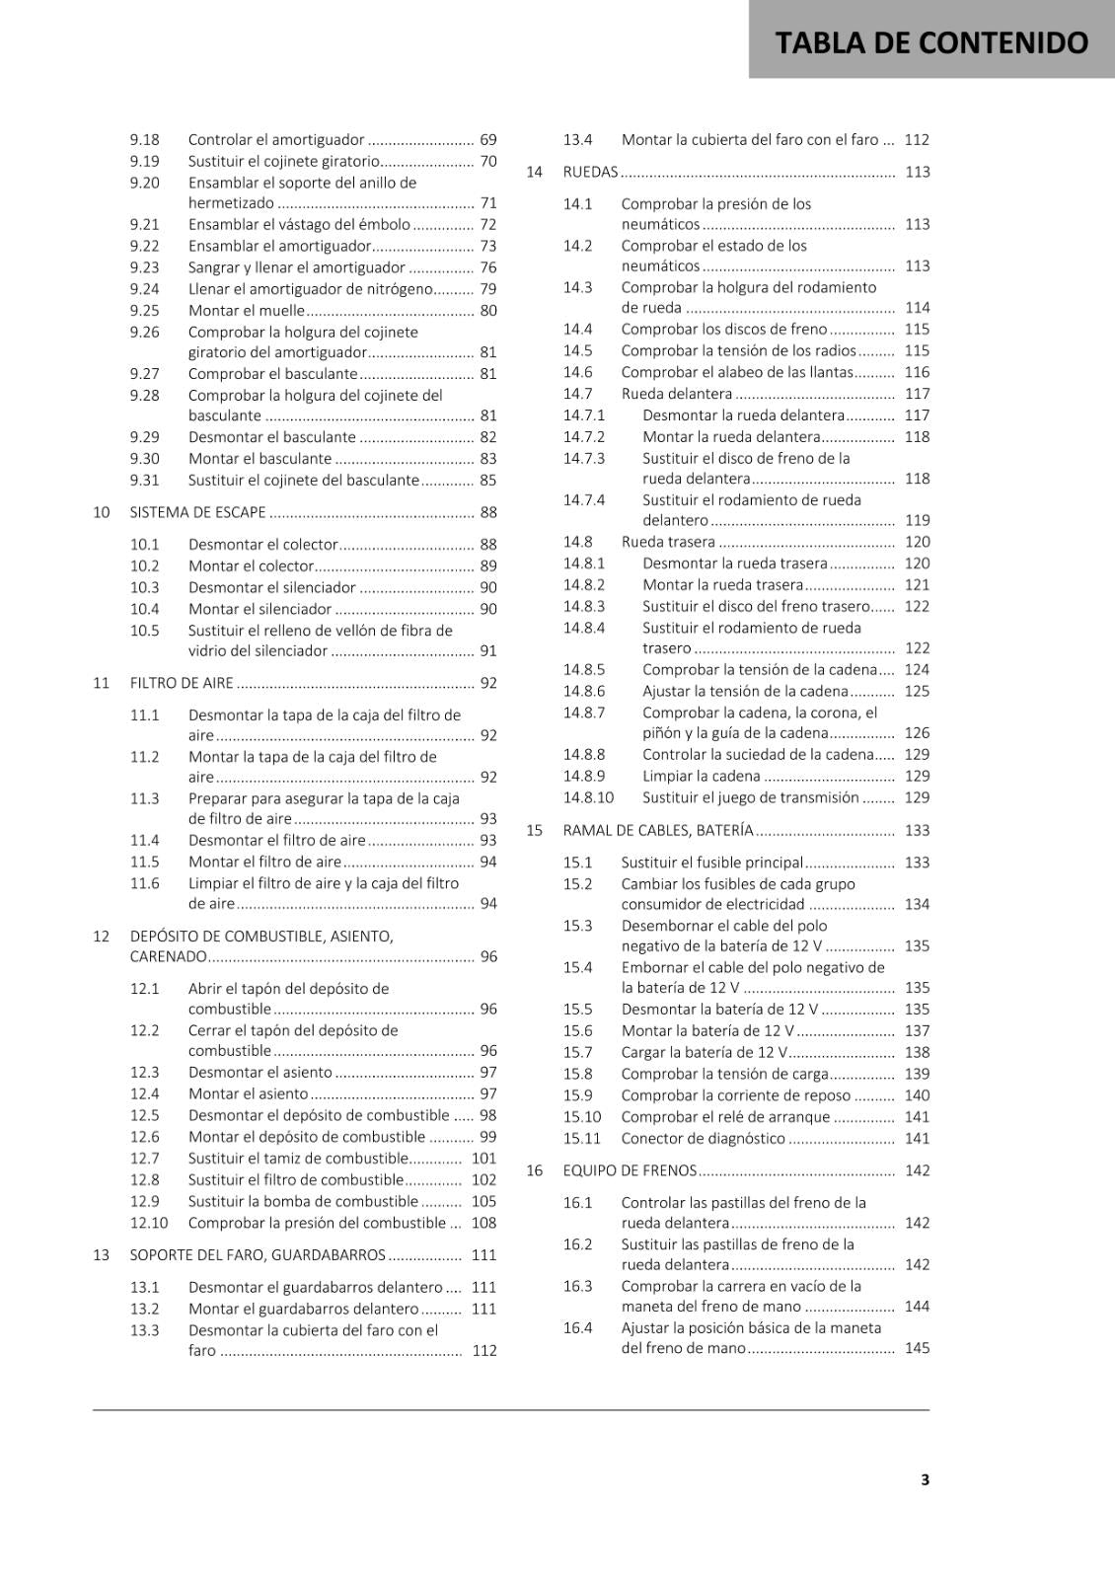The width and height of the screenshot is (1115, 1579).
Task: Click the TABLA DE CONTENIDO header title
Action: [x=931, y=42]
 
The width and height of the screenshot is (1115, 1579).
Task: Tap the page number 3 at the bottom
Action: [x=925, y=1479]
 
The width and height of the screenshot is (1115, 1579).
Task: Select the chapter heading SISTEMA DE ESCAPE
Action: [x=197, y=512]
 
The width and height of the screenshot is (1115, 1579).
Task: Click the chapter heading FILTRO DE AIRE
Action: [x=182, y=683]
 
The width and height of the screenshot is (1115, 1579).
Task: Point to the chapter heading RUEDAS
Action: [x=590, y=172]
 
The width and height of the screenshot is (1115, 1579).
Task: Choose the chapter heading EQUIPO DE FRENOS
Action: [x=630, y=1170]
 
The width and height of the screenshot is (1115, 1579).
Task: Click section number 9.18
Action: [x=144, y=140]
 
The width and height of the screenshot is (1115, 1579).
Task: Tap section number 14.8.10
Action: [x=588, y=797]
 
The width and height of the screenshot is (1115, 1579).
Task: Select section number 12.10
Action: [x=148, y=1223]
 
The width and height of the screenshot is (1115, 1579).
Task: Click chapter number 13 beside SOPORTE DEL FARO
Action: [x=101, y=1255]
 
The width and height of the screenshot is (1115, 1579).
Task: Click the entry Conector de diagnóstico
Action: [x=703, y=1138]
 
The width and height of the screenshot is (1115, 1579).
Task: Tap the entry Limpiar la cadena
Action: [x=701, y=776]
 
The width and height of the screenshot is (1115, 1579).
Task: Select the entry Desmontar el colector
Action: [x=262, y=544]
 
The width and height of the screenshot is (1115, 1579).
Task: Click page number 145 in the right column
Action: [x=917, y=1348]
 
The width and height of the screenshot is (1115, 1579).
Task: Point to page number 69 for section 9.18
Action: [x=487, y=140]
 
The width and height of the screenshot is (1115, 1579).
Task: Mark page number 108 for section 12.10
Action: [x=483, y=1223]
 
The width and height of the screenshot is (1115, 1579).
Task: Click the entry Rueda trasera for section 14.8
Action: [x=668, y=542]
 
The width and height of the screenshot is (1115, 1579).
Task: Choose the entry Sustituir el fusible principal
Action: [x=711, y=863]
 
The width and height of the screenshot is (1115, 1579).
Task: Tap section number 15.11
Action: [x=582, y=1138]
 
